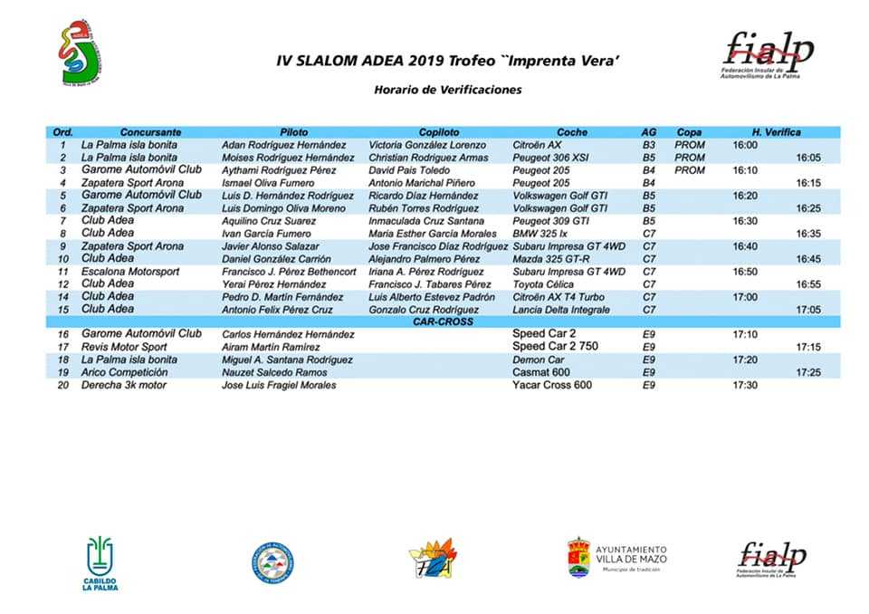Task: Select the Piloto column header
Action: point(294,132)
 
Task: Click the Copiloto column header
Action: point(439,132)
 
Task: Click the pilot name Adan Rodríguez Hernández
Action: point(283,145)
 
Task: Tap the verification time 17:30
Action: point(745,386)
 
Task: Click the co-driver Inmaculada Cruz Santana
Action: point(425,221)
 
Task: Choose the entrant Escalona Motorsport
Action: point(130,272)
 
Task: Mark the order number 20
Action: point(63,386)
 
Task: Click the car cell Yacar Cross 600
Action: point(552,386)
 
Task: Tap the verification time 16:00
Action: point(745,145)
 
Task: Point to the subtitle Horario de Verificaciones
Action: point(448,90)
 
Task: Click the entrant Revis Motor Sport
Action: point(124,347)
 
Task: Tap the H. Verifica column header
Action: point(776,132)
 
